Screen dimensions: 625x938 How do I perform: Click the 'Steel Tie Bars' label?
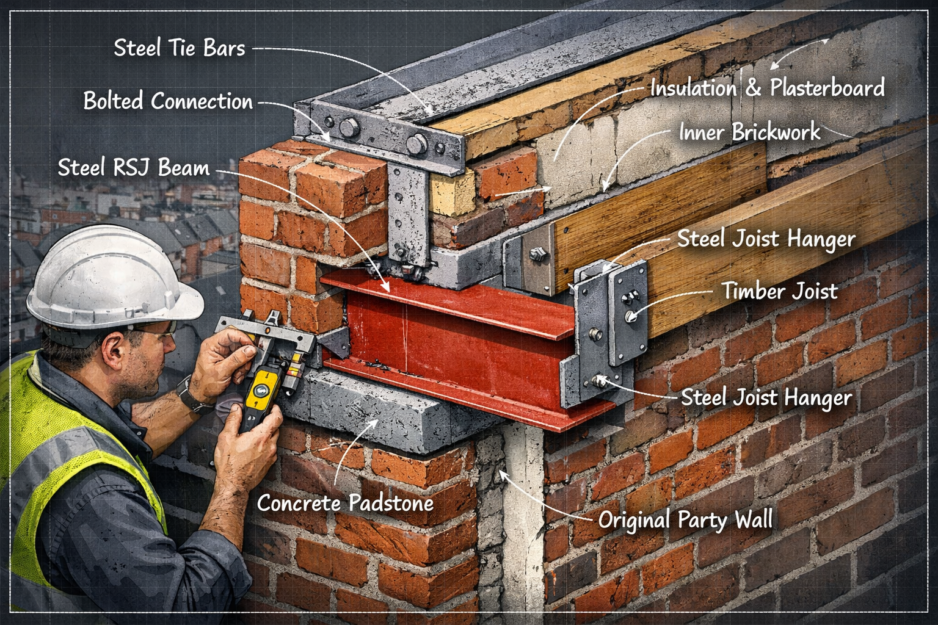coord(179,48)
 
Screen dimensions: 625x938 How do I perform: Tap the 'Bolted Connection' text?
coord(168,101)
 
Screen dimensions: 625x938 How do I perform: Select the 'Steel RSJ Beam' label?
coord(133,167)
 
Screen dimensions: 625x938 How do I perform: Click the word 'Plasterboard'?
coord(827,88)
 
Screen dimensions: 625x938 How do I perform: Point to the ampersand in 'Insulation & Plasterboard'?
coord(753,88)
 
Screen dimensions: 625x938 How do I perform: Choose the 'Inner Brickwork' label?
coord(749,132)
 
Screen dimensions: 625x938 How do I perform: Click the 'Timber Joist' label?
coord(779,291)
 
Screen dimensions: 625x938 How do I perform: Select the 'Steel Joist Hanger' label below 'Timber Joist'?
coord(766,398)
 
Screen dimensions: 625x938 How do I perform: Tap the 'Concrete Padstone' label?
coord(345,503)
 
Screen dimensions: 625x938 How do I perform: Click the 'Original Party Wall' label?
coord(685,520)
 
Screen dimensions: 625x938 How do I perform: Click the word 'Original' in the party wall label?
coord(634,520)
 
